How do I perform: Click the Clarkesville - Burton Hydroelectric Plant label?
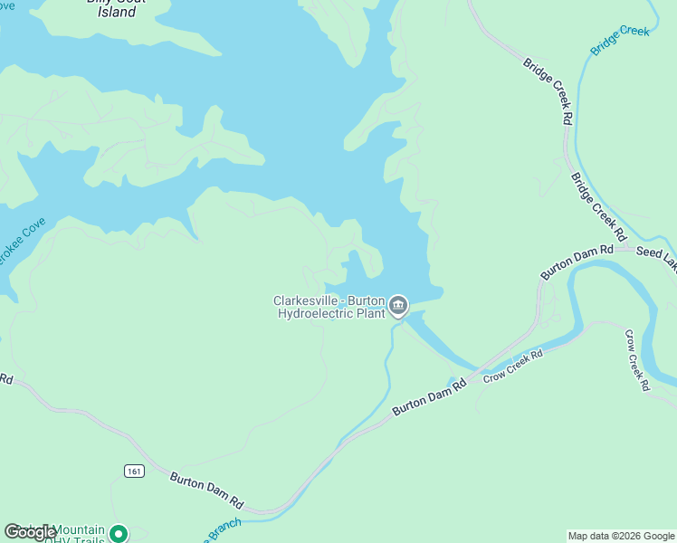[x=329, y=308]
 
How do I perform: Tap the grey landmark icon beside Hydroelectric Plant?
[x=398, y=308]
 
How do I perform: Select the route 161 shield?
[x=134, y=471]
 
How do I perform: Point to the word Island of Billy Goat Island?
[x=117, y=13]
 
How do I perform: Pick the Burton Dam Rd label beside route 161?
[x=207, y=489]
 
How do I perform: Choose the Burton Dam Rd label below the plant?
[x=429, y=397]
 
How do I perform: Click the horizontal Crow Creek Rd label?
[x=512, y=366]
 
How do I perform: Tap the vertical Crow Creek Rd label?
[x=635, y=359]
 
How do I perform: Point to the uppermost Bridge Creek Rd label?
[x=548, y=90]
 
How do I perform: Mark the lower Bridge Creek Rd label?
[x=598, y=207]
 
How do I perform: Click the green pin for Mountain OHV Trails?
[x=119, y=535]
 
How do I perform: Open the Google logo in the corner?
[x=30, y=532]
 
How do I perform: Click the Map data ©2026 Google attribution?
[x=621, y=536]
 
